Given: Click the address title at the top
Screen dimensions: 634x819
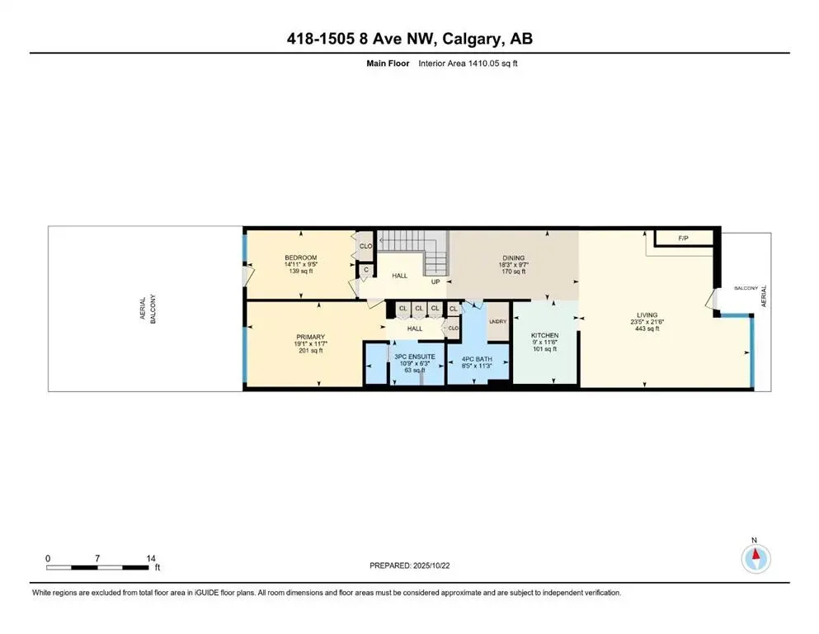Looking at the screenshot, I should click(409, 40).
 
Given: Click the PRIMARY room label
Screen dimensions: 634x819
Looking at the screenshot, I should click(310, 337).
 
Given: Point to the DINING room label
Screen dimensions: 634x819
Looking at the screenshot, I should click(513, 258).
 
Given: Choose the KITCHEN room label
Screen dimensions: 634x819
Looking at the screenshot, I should click(544, 335).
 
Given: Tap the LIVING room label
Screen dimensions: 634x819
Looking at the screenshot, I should click(647, 315).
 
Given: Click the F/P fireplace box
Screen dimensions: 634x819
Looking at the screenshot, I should click(683, 239).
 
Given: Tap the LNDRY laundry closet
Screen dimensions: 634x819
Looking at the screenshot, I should click(497, 322).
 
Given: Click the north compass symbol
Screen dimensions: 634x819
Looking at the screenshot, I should click(754, 559).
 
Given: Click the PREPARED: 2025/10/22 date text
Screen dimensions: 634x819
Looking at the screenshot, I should click(409, 565).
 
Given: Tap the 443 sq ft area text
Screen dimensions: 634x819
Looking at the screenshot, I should click(647, 329).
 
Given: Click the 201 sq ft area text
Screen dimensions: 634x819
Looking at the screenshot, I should click(310, 351).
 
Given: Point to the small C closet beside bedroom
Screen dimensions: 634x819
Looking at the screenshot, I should click(365, 268).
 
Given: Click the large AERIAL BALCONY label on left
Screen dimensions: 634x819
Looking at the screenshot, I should click(147, 308).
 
